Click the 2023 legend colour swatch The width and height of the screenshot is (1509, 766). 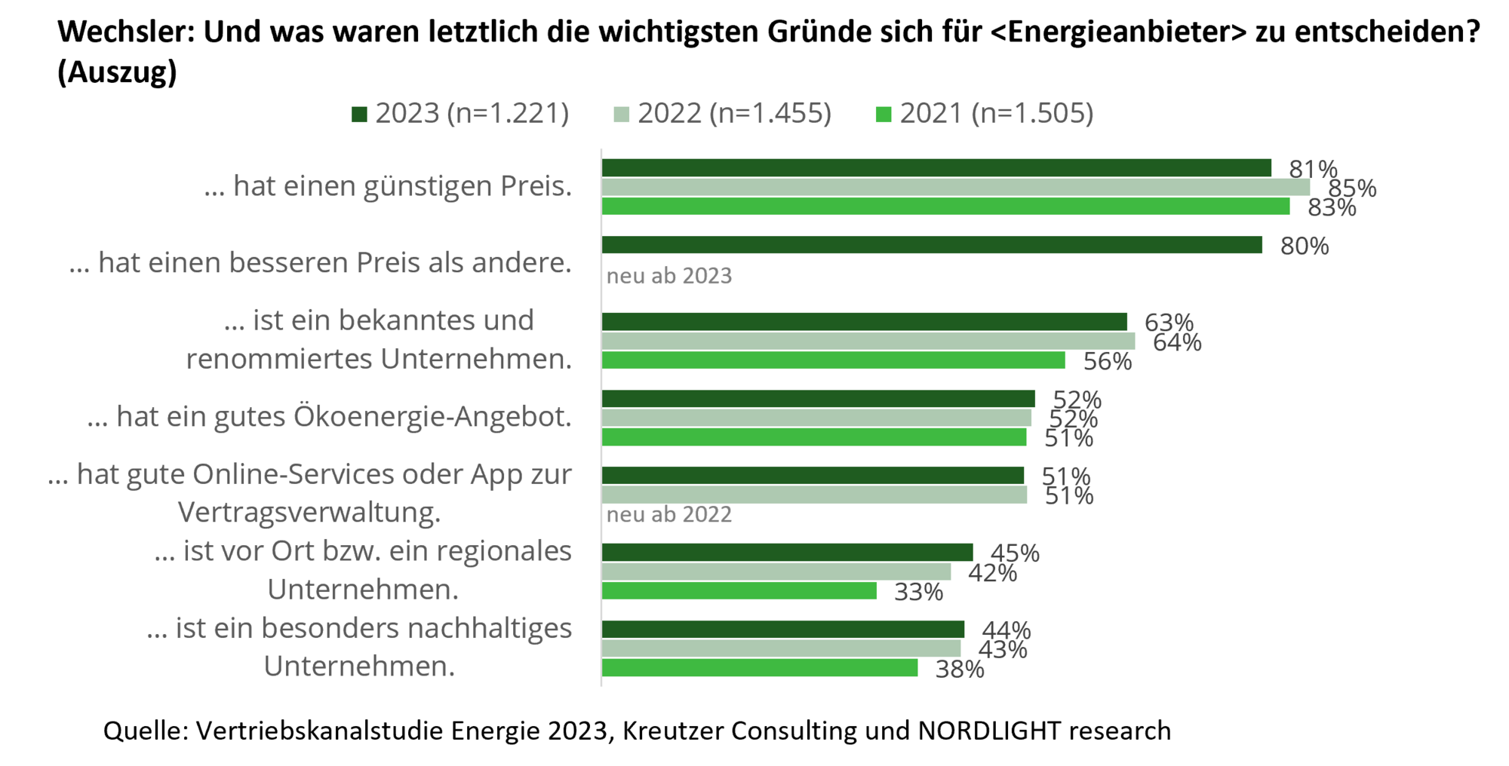coord(359,115)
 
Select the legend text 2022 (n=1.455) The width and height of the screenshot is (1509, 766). coord(734,114)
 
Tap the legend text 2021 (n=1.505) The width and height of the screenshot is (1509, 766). coord(996,114)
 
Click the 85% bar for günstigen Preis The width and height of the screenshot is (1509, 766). coord(956,187)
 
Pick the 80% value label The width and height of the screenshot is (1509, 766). coord(1305,246)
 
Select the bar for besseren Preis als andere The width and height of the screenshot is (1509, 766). coord(932,245)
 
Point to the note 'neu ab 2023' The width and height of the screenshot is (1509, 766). coord(669,276)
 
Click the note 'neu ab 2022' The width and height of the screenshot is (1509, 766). coord(669,515)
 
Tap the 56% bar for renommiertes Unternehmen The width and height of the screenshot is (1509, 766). coord(834,361)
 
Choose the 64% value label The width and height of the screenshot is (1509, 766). coord(1177,342)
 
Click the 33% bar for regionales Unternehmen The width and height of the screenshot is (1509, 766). coord(739,592)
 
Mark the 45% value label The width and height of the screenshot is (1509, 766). coord(1015,553)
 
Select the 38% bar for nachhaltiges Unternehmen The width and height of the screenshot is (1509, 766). coord(760,669)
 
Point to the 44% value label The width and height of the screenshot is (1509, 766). coord(1006,630)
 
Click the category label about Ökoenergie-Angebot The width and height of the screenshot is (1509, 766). coord(329,416)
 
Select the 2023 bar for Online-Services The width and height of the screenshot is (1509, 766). coord(813,475)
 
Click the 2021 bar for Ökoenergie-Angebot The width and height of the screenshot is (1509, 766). coord(814,438)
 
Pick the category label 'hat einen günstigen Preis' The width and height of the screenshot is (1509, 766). coord(388,186)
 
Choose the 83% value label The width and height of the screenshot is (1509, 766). coord(1332,207)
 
